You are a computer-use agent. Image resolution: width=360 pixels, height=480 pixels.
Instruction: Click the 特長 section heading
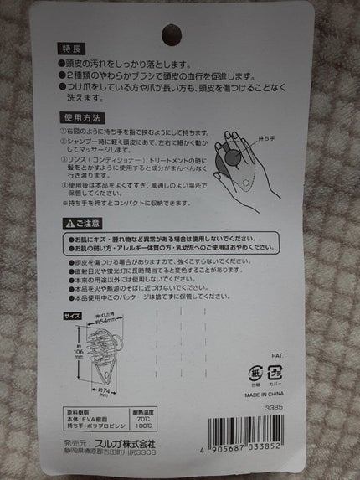click(74, 48)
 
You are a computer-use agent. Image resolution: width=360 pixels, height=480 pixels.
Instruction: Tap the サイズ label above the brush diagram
click(72, 317)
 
